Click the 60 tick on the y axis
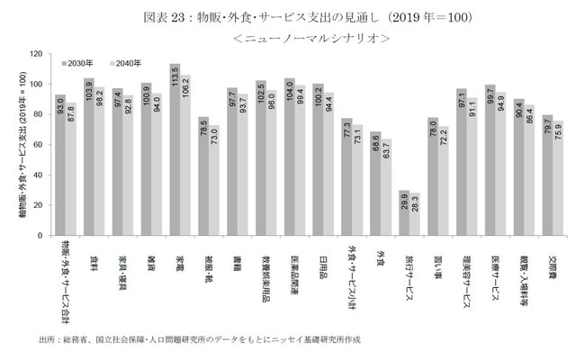37,145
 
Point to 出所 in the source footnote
49,340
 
